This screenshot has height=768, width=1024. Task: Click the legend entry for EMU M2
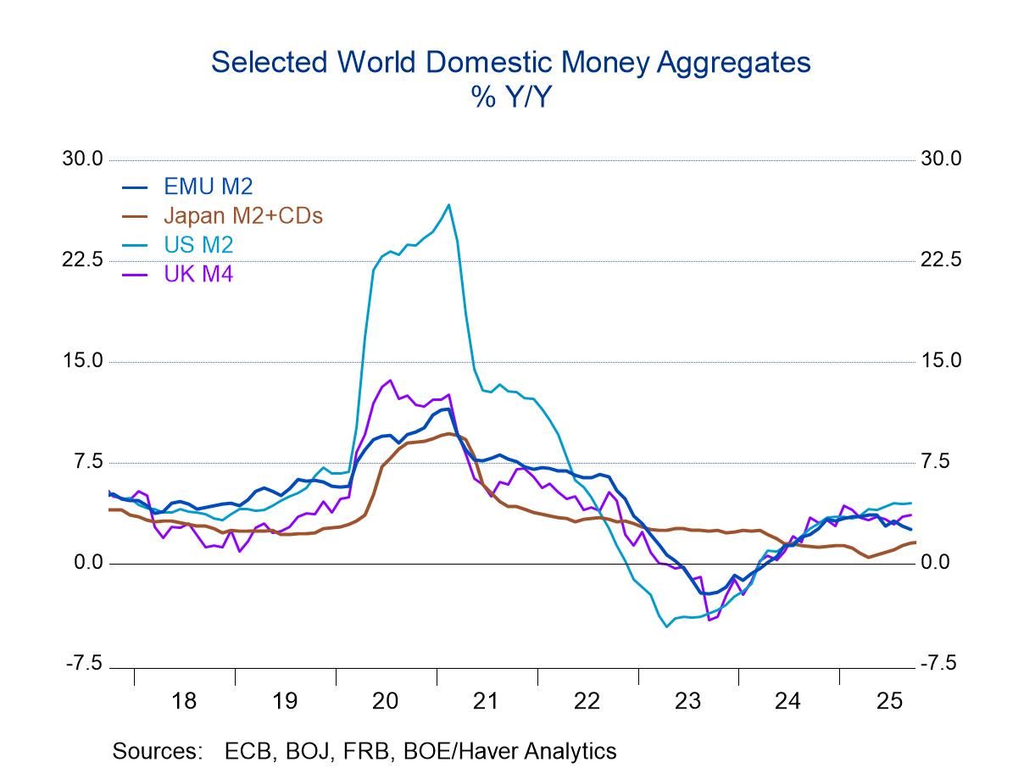coord(208,187)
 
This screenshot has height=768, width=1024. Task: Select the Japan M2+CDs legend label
coord(242,216)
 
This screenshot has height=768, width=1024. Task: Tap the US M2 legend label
coord(198,245)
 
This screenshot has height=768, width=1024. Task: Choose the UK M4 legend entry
coord(198,274)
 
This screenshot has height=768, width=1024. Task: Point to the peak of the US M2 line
coord(448,204)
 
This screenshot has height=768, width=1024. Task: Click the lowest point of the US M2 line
coord(667,626)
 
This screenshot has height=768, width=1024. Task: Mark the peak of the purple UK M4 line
coord(389,381)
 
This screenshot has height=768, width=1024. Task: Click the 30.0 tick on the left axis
coord(82,159)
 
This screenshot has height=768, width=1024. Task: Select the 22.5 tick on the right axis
coord(942,260)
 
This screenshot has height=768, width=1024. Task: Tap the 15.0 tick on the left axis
coord(82,361)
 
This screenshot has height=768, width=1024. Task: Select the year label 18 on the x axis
coord(183,701)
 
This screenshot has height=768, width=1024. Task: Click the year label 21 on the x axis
coord(486,701)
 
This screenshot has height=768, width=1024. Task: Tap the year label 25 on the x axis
coord(889,701)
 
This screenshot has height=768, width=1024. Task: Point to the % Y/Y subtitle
coord(511,97)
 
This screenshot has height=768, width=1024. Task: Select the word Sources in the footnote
coord(157,751)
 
